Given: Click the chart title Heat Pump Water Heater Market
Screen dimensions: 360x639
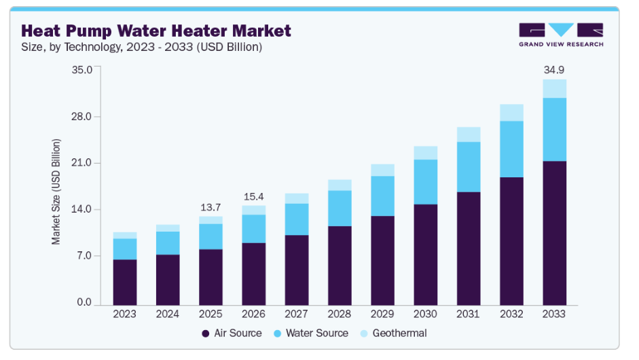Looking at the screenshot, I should pyautogui.click(x=156, y=31).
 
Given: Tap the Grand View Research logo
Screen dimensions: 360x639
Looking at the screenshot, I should pyautogui.click(x=561, y=35).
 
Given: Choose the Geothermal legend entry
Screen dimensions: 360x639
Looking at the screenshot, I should pyautogui.click(x=397, y=334).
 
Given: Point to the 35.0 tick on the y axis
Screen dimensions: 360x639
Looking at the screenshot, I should pyautogui.click(x=81, y=70).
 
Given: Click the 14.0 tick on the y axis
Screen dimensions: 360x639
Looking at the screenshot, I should pyautogui.click(x=81, y=210).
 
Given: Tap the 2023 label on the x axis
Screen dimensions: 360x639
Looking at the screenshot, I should pyautogui.click(x=125, y=314).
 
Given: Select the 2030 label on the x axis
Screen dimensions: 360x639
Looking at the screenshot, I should pyautogui.click(x=425, y=314).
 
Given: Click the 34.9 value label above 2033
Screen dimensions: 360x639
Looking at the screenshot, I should pyautogui.click(x=554, y=70).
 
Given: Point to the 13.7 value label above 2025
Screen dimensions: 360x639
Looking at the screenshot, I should pyautogui.click(x=211, y=207).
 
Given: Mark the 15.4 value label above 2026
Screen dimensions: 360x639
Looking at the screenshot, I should pyautogui.click(x=254, y=197).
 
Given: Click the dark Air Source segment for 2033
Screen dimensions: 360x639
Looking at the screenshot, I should pyautogui.click(x=554, y=232).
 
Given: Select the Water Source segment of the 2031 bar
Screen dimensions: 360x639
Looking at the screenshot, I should pyautogui.click(x=469, y=167).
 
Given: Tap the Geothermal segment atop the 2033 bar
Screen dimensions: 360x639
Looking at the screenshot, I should pyautogui.click(x=554, y=88).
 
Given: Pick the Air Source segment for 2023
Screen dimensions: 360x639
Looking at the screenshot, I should pyautogui.click(x=125, y=282).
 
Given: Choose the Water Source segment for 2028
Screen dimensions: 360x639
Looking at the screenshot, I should pyautogui.click(x=340, y=208).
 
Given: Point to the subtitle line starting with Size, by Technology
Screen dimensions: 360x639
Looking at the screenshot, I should pyautogui.click(x=142, y=47).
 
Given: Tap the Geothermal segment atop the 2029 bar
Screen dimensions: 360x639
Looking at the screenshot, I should pyautogui.click(x=382, y=170).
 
